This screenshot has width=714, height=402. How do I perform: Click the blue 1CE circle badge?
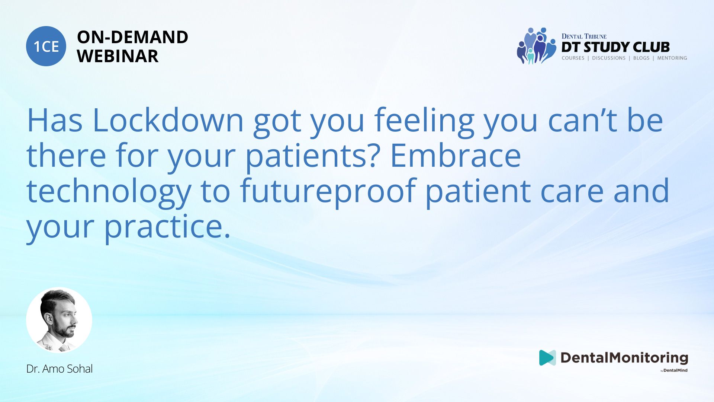click(x=46, y=46)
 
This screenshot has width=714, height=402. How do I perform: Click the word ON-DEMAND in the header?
click(x=132, y=37)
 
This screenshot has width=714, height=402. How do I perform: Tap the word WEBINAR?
click(x=118, y=56)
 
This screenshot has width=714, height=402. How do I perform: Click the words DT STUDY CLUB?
click(x=615, y=47)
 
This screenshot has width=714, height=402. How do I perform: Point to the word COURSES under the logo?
click(x=573, y=58)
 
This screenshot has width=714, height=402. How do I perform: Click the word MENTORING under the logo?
click(x=672, y=58)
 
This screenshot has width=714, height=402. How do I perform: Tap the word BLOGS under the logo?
click(x=641, y=58)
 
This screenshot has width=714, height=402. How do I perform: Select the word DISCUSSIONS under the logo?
click(x=609, y=58)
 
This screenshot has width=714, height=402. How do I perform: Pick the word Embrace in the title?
click(x=455, y=156)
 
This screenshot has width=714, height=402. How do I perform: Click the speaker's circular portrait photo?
click(x=59, y=320)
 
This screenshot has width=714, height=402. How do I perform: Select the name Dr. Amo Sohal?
click(x=59, y=369)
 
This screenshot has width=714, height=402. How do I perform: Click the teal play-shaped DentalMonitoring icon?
click(x=547, y=358)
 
